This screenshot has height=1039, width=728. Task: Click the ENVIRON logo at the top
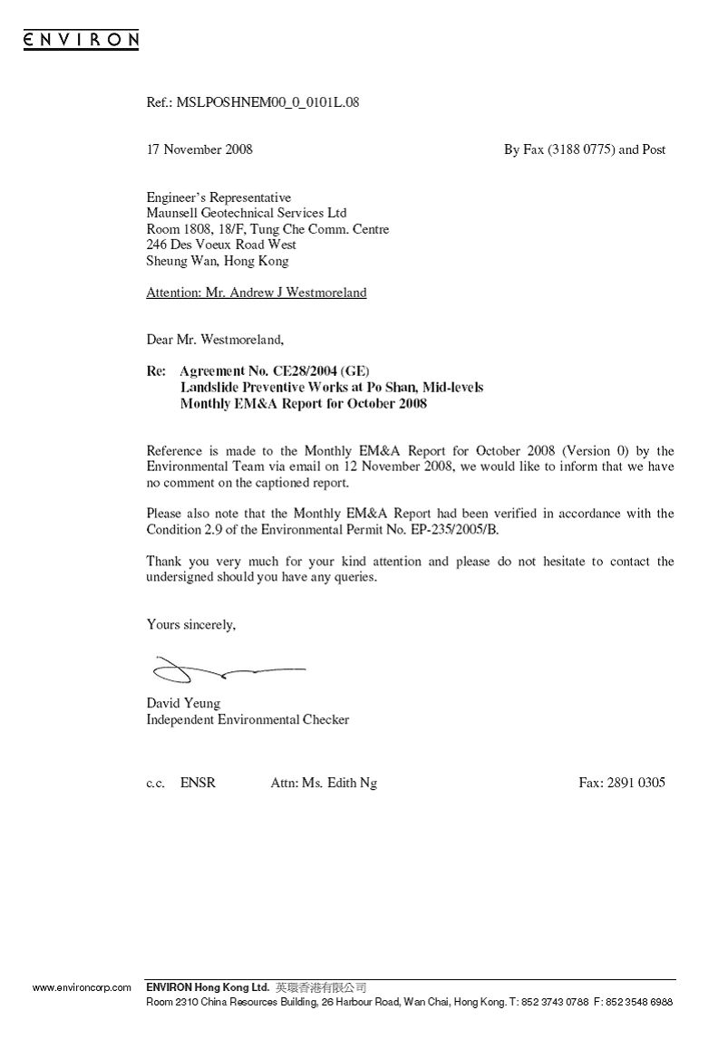[81, 39]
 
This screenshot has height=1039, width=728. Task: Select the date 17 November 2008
[199, 149]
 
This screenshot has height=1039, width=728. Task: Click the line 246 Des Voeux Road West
[221, 245]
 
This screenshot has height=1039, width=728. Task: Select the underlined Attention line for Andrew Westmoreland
[257, 293]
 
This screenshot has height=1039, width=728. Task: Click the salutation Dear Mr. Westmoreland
[215, 341]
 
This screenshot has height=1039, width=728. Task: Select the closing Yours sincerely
[191, 624]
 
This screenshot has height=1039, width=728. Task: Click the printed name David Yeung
[183, 703]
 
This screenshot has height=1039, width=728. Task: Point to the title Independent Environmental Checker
[248, 719]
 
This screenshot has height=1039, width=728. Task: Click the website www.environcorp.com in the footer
[83, 987]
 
